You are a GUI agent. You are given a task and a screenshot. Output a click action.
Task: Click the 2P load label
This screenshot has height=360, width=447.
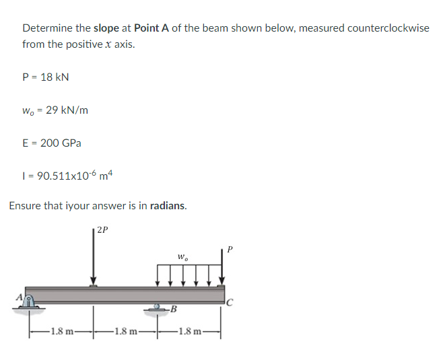pyautogui.click(x=102, y=229)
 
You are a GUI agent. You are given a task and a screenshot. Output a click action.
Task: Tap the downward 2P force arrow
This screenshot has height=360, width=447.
pyautogui.click(x=94, y=259)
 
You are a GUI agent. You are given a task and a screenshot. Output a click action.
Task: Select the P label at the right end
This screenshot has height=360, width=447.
pyautogui.click(x=230, y=248)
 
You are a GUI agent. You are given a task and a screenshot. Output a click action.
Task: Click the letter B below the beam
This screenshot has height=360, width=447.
pyautogui.click(x=174, y=310)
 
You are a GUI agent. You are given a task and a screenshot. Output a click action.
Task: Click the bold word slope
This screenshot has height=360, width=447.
pyautogui.click(x=106, y=28)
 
